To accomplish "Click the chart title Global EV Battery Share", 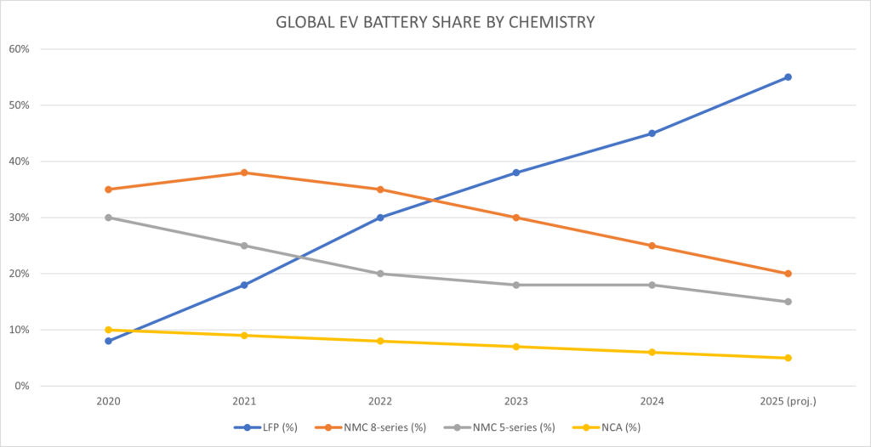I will click(435, 22).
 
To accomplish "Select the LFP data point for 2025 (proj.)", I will click(788, 77).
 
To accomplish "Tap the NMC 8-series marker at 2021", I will click(244, 173).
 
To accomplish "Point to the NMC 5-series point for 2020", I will click(108, 218).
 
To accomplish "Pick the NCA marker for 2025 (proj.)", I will click(788, 358).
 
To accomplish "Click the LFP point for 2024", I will click(652, 133).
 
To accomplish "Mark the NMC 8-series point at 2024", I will click(652, 246).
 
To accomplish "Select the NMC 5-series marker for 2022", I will click(380, 274).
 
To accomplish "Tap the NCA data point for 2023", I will click(516, 347).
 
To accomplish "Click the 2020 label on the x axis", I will click(108, 400).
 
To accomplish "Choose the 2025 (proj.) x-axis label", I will click(788, 400).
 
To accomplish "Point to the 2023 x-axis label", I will click(516, 400).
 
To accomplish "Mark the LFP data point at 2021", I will click(244, 285).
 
